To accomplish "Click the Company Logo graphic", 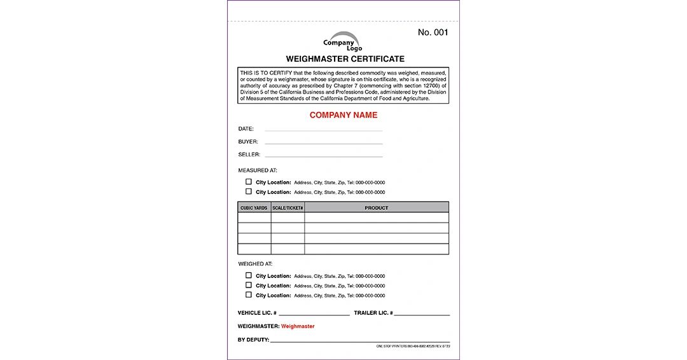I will tap(343, 42).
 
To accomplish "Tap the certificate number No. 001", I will tap(433, 32).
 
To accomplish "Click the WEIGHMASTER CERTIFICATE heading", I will tap(345, 59).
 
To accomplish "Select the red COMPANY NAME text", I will tap(343, 115).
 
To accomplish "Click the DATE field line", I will tap(324, 130).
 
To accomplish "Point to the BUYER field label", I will tap(248, 142).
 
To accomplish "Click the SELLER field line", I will tap(324, 156).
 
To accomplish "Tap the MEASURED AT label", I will tap(258, 170).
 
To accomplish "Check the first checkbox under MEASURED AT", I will tap(249, 182).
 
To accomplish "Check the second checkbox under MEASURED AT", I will tap(249, 191).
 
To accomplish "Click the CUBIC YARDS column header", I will tap(254, 208).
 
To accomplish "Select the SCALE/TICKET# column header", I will tap(288, 208).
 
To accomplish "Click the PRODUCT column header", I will tap(376, 208).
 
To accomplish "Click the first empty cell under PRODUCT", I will tap(376, 218).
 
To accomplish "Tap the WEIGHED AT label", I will tap(255, 263).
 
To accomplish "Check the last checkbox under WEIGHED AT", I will tap(249, 295).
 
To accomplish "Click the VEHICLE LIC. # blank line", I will tap(314, 314).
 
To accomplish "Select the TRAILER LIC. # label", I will tap(373, 313).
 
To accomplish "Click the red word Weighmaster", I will tap(298, 326).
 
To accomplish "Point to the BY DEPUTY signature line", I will tap(359, 341).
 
